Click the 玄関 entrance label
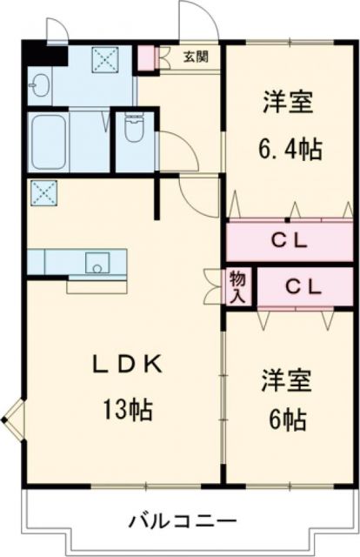[x=196, y=57]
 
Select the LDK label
[x=129, y=366]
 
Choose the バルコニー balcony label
[x=183, y=522]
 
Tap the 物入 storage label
[x=237, y=285]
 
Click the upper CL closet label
[x=288, y=242]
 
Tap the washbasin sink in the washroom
[x=38, y=85]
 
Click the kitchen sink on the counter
[x=97, y=260]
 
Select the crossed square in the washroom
[x=105, y=59]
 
